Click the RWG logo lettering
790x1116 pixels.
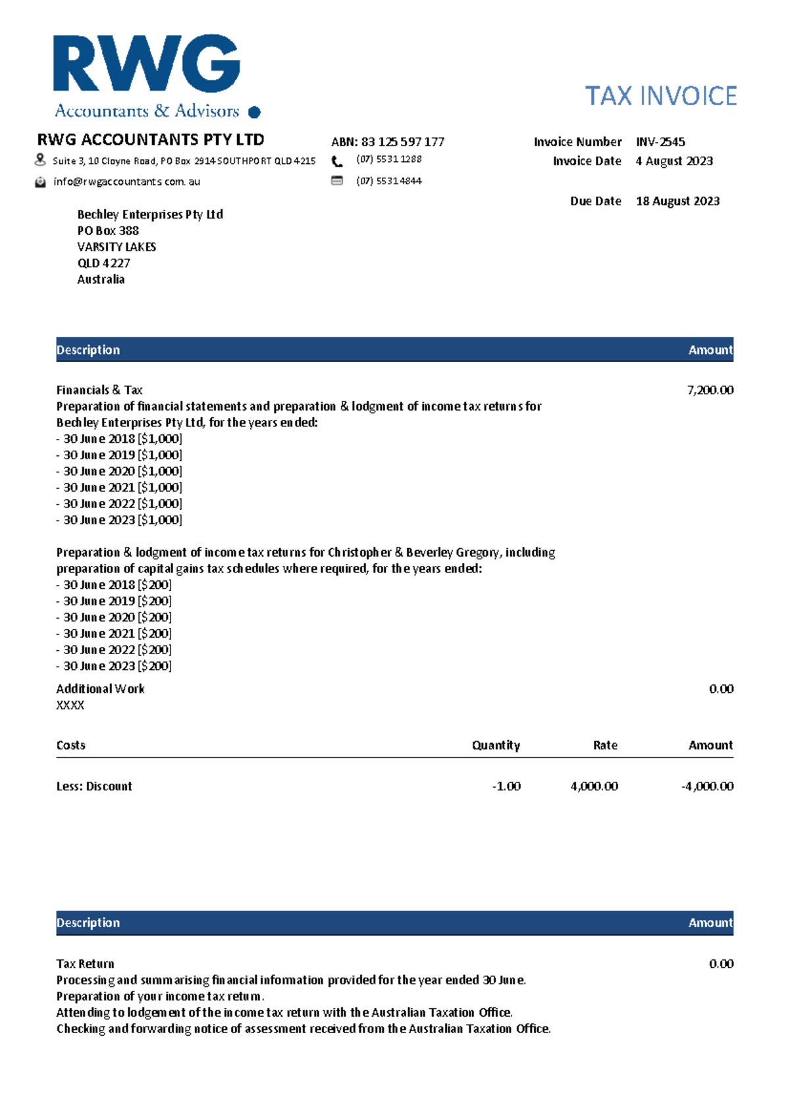coord(146,64)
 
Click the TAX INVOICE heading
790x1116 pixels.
coord(660,96)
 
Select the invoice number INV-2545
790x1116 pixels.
coord(660,141)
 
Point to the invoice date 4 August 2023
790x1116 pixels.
coord(674,161)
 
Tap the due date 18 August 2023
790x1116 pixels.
coord(677,201)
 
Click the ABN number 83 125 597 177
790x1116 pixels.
coord(402,142)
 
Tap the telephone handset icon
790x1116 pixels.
coord(337,161)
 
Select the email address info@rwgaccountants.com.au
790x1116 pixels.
coord(126,182)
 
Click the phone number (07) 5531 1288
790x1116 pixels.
coord(389,159)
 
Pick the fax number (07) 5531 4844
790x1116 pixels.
coord(389,181)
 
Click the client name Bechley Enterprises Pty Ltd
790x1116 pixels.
coord(150,215)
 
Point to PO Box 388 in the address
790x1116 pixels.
coord(108,231)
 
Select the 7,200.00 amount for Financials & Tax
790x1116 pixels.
coord(710,390)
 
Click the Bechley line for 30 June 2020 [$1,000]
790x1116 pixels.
coord(119,471)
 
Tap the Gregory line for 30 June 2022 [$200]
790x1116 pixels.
coord(114,650)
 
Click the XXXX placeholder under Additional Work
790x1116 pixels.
coord(70,705)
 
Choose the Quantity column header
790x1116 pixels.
coord(496,746)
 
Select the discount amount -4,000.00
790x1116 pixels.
coord(707,786)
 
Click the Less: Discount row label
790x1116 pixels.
coord(94,786)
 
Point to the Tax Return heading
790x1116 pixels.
coord(86,964)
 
